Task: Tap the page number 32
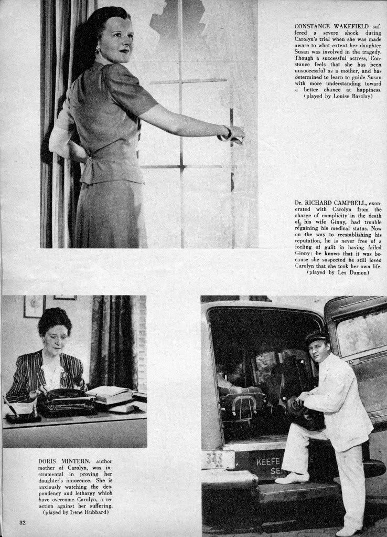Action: point(23,522)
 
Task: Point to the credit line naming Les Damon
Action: point(338,272)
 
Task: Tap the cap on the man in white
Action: point(316,336)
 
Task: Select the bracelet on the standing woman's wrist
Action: point(227,133)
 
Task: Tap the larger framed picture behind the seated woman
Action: point(34,307)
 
